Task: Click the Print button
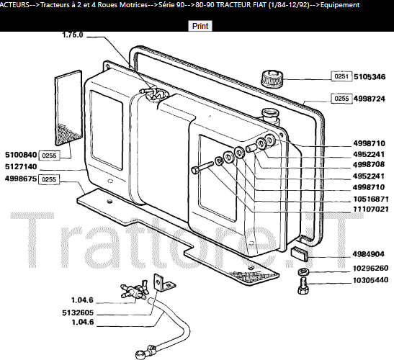[200, 26]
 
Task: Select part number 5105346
[370, 76]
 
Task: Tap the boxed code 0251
[341, 76]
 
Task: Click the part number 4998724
[369, 99]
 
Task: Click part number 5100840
[21, 155]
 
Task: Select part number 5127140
[21, 166]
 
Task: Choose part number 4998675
[21, 179]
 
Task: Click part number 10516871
[371, 199]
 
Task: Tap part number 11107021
[371, 209]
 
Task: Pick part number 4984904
[368, 254]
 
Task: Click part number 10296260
[371, 269]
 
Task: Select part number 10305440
[371, 280]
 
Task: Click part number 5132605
[78, 312]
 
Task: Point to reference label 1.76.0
[72, 35]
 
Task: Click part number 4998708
[369, 165]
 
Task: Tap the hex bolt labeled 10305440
[303, 287]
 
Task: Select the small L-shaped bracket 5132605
[164, 283]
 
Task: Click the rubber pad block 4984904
[300, 253]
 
